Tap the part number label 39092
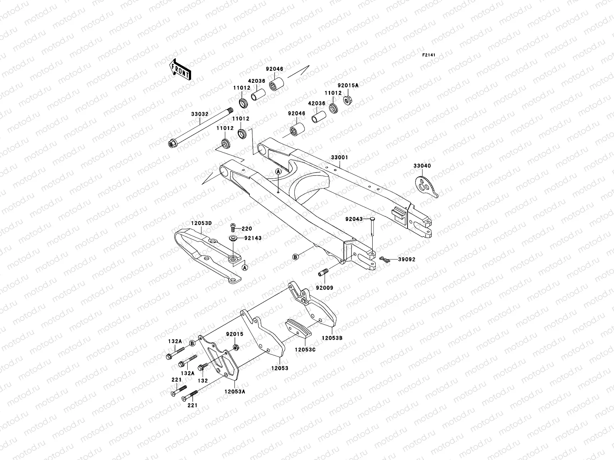(x=406, y=260)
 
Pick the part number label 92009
(x=325, y=287)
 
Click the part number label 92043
(x=354, y=219)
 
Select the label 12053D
(x=201, y=223)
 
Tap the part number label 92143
(x=253, y=238)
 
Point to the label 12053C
(x=305, y=349)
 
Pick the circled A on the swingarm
(x=278, y=171)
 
